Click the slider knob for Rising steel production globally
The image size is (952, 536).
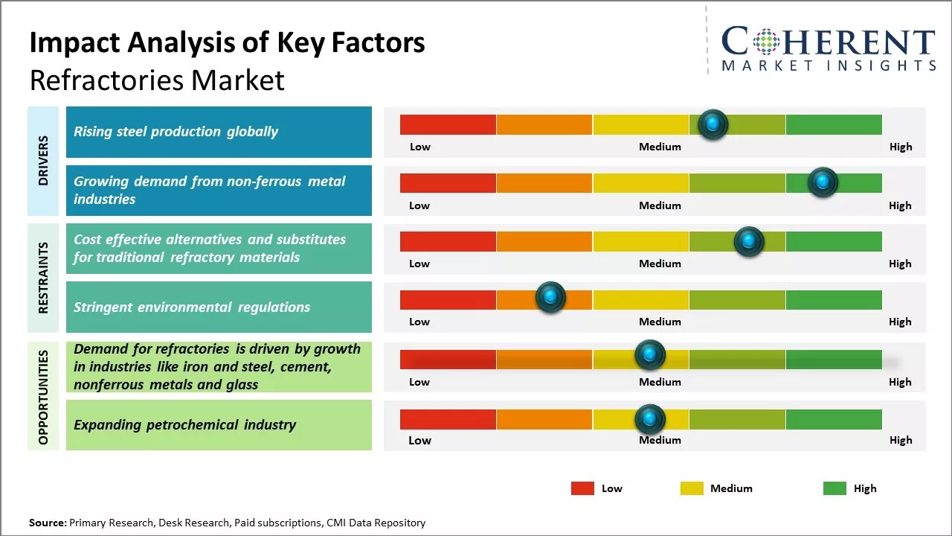click(713, 124)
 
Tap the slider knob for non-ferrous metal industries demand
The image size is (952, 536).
click(823, 182)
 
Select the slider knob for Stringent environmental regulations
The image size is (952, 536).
click(550, 298)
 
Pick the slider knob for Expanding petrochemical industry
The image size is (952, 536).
click(650, 419)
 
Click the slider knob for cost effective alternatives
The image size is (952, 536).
click(748, 241)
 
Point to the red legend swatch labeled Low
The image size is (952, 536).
click(582, 488)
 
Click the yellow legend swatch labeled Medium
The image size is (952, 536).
click(692, 488)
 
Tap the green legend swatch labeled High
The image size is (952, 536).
click(834, 488)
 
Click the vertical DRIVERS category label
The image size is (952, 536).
click(43, 160)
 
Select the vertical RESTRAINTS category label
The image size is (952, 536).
click(43, 277)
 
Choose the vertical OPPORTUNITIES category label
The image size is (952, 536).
click(43, 397)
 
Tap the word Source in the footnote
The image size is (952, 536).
click(47, 523)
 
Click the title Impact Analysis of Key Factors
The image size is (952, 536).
click(227, 43)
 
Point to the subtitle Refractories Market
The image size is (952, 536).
click(157, 80)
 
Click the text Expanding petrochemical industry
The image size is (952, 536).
click(184, 425)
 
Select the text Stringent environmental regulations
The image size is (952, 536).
click(192, 307)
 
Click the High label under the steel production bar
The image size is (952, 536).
click(900, 147)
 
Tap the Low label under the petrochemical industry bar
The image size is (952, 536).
click(419, 440)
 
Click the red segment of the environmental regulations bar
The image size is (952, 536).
click(448, 299)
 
